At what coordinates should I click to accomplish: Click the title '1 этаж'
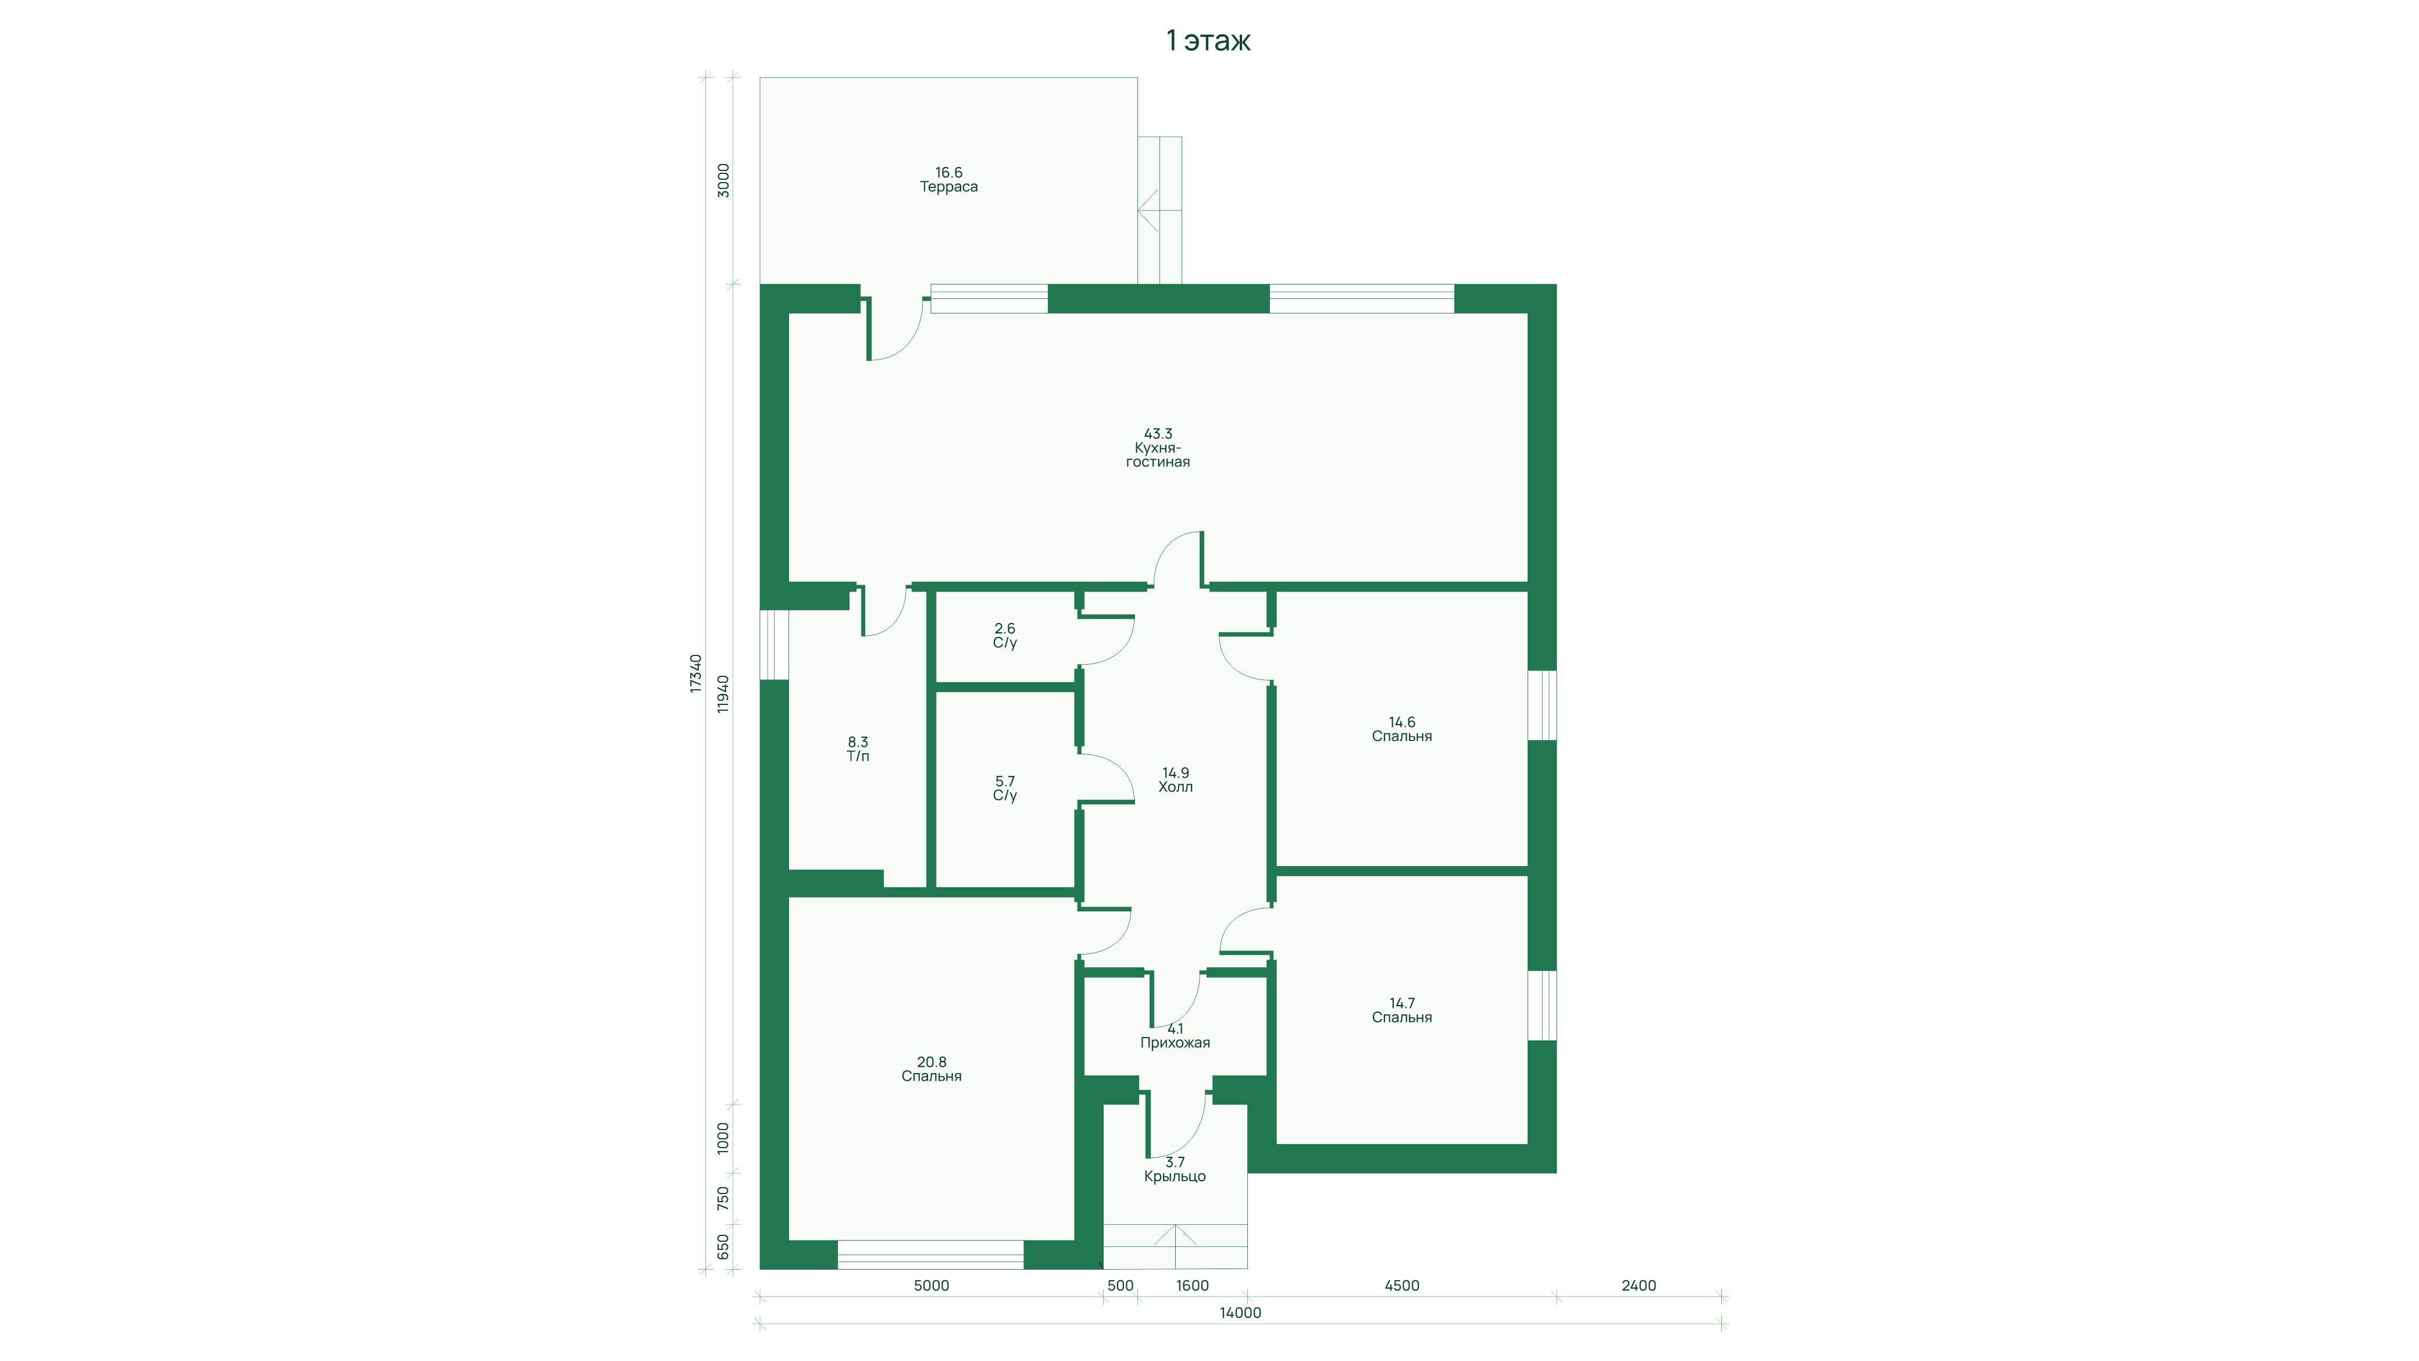[1208, 40]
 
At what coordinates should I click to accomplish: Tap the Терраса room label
[948, 187]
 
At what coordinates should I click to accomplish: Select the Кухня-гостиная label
[1158, 455]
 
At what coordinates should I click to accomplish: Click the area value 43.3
[1158, 434]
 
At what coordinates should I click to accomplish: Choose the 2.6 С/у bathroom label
[1005, 636]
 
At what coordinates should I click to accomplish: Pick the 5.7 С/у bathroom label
[1005, 788]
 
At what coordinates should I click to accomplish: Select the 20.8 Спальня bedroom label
[932, 1069]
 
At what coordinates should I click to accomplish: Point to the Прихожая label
[1175, 1043]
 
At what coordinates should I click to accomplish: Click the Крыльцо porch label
[1175, 1177]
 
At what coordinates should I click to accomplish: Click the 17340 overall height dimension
[696, 674]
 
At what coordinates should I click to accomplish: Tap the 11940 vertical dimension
[723, 694]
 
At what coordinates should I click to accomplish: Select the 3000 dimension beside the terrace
[723, 180]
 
